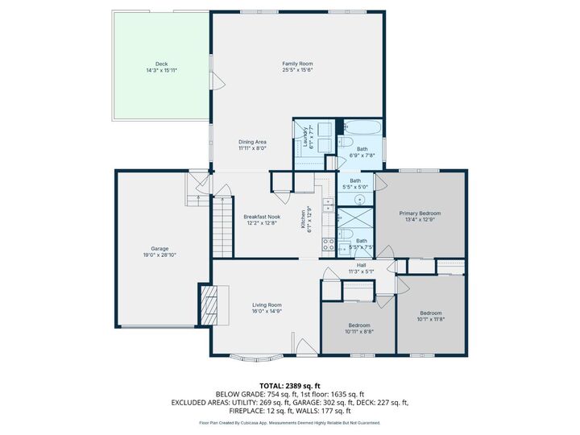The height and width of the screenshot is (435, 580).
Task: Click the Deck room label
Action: click(x=161, y=64)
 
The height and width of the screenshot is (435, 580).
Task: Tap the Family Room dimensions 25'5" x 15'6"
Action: click(x=297, y=70)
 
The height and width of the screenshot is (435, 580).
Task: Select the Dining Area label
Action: click(x=252, y=142)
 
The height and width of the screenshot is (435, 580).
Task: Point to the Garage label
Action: click(x=159, y=249)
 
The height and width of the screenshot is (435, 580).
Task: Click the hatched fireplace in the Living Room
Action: click(x=208, y=305)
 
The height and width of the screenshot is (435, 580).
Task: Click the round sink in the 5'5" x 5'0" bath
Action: click(x=360, y=200)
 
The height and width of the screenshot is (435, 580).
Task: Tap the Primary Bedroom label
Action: click(x=420, y=213)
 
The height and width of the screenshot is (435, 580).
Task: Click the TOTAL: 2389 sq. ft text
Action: click(x=289, y=386)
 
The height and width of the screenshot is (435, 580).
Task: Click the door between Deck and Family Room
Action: click(x=214, y=81)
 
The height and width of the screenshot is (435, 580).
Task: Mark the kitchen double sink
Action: click(x=328, y=205)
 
